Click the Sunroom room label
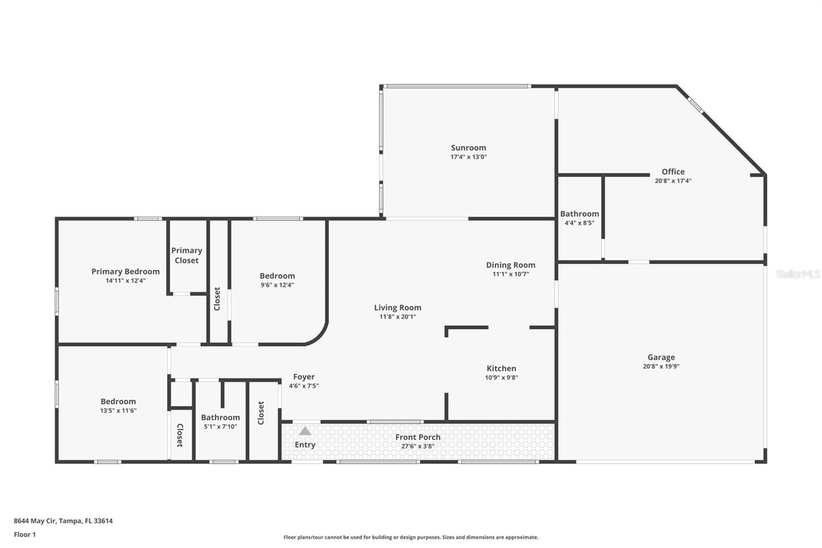468,148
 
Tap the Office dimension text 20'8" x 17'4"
672,181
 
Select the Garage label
661,357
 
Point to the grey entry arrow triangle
305,431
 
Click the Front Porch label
418,437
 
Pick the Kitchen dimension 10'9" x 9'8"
501,377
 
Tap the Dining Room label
510,265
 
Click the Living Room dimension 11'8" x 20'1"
397,317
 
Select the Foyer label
304,377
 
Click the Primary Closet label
186,255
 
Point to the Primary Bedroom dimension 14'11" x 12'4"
125,281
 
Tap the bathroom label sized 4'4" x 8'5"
579,214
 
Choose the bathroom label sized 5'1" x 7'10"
220,417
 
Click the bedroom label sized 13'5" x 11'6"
118,401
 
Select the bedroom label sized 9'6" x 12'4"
277,276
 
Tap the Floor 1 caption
25,535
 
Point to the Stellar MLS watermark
797,274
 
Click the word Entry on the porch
305,445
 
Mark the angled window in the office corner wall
696,105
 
